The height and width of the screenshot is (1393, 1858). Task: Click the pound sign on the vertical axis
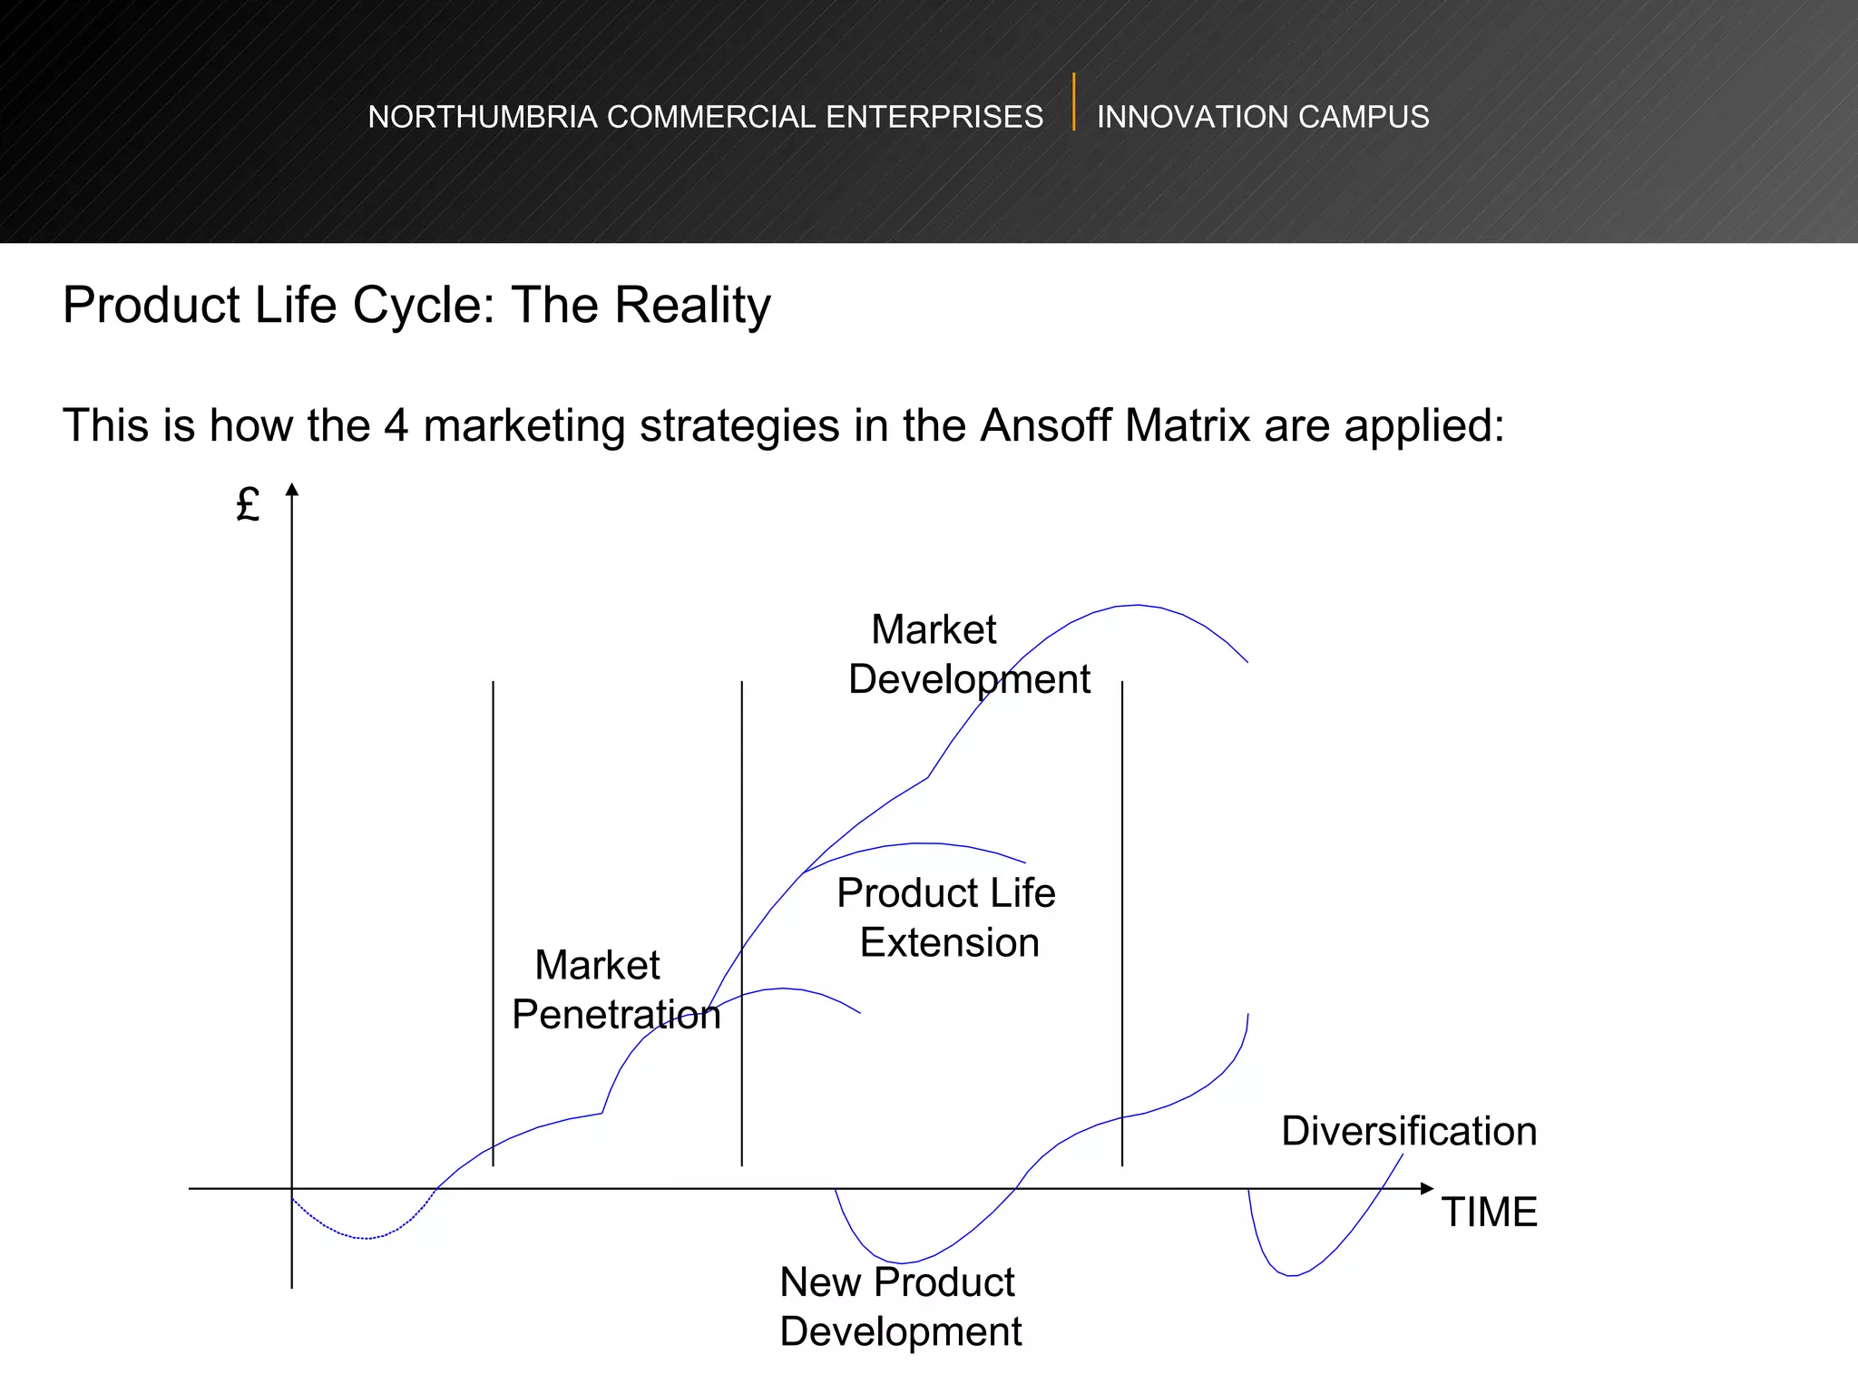[x=248, y=504]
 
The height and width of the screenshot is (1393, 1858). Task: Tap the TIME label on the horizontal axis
[x=1490, y=1213]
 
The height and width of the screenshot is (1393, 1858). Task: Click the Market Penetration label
[x=615, y=989]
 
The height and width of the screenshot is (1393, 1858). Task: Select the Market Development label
[x=968, y=654]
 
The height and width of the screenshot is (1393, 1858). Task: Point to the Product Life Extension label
[x=947, y=918]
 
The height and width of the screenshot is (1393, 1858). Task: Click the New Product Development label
[x=900, y=1307]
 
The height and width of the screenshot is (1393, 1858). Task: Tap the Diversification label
[x=1409, y=1132]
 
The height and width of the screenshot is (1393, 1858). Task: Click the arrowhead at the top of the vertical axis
[x=292, y=491]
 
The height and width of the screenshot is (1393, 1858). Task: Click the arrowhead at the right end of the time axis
[x=1427, y=1188]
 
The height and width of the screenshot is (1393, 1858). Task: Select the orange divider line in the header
[x=1073, y=102]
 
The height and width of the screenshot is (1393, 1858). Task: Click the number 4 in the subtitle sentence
[x=396, y=425]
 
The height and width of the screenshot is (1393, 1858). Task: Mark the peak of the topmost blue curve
[x=1137, y=605]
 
